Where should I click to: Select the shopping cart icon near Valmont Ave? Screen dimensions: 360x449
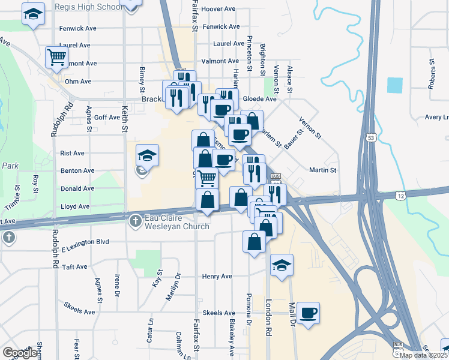pos(56,57)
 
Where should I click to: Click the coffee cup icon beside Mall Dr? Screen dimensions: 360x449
pos(308,313)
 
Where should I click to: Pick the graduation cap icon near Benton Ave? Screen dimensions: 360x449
pos(147,156)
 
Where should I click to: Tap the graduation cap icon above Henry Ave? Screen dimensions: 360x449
pos(281,265)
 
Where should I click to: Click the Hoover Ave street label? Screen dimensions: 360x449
pos(219,9)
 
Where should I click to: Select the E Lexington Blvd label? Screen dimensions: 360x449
pos(85,241)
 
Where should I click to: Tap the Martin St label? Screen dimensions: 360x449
pos(322,170)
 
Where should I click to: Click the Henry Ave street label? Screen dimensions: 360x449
pos(217,277)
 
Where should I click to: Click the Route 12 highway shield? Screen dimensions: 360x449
pos(400,196)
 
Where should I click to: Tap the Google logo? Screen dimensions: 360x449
pos(20,353)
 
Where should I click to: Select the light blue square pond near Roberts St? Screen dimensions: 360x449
pos(395,85)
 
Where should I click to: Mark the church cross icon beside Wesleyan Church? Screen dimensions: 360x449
pos(136,221)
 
